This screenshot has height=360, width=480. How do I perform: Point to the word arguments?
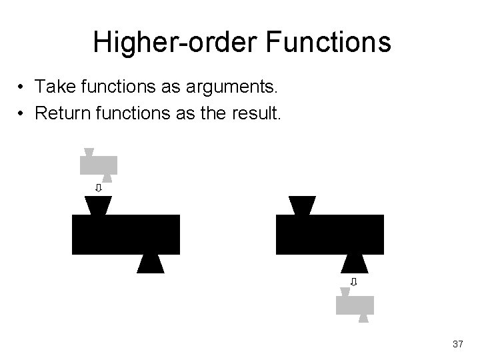pos(234,87)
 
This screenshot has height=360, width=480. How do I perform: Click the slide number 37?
pos(457,344)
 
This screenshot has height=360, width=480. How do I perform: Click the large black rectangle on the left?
pos(126,234)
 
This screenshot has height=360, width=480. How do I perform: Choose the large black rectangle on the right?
pos(330,234)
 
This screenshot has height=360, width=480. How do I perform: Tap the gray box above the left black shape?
pos(99,165)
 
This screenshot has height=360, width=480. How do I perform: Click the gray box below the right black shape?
pos(355,305)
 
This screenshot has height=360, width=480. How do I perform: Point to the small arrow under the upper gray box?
pos(98,188)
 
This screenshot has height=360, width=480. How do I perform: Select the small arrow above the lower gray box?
pos(354,282)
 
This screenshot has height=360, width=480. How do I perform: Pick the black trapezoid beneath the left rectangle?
pos(150,264)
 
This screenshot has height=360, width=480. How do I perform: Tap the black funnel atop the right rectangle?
pos(303,205)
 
